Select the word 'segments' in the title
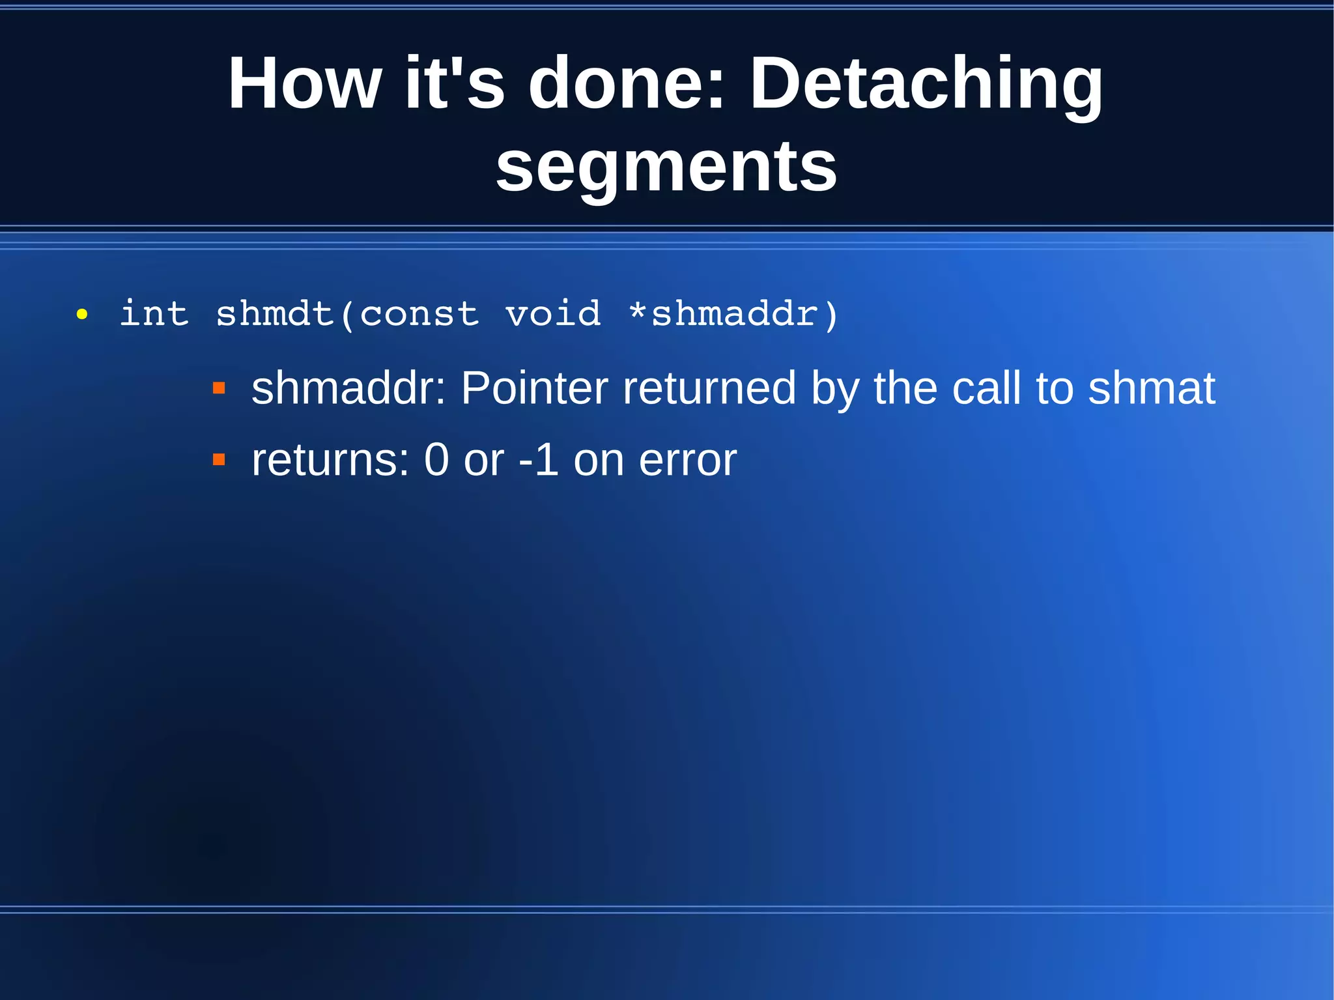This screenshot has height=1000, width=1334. point(666,168)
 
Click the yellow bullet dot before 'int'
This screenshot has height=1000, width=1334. point(81,315)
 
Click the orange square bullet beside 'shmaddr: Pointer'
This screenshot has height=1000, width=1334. point(219,389)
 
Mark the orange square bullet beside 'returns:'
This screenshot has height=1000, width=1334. point(219,460)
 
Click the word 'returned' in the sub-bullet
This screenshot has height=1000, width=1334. point(709,388)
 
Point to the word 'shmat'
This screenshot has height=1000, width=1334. point(1152,388)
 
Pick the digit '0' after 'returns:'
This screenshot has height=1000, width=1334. point(436,460)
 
